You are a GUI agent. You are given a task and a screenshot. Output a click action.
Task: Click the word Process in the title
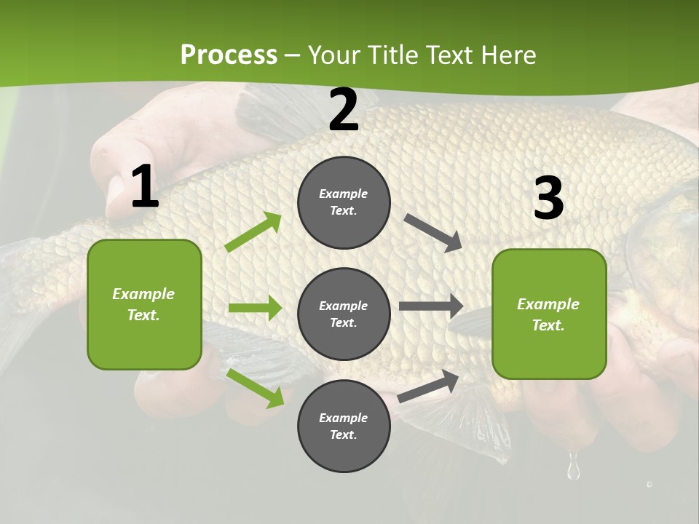point(229,55)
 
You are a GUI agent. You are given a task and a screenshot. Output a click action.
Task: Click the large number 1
point(145,187)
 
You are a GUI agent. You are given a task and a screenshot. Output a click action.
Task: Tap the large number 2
point(344,111)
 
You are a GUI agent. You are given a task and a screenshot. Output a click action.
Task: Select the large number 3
point(548,199)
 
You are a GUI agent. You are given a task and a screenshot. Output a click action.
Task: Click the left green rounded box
point(144,304)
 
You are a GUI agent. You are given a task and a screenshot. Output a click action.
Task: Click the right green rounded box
point(549,314)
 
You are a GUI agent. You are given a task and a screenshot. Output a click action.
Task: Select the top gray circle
point(344,202)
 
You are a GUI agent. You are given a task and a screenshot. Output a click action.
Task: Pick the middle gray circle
point(344,314)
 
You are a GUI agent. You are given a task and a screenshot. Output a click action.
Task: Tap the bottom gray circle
point(344,426)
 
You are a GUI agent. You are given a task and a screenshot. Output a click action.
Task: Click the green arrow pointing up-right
point(253,232)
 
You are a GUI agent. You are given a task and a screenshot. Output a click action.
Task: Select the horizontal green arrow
point(255,308)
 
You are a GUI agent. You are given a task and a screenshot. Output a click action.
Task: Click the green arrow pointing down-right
point(256,388)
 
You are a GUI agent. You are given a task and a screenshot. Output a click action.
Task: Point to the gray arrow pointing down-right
point(433,233)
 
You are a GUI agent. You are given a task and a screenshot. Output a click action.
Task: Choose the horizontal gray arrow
point(430,306)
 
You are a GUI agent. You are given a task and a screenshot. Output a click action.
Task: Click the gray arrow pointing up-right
point(428,386)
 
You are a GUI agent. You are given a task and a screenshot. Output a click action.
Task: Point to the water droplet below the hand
point(574,467)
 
